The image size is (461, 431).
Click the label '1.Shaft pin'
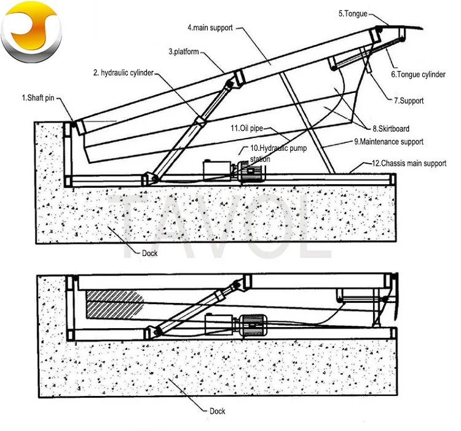tap(38, 97)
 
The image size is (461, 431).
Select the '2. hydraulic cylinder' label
tap(123, 73)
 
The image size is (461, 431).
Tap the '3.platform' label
tap(184, 52)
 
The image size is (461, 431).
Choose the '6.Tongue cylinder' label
tap(418, 75)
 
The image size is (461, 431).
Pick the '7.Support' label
tap(409, 100)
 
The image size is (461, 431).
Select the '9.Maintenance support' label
tap(388, 142)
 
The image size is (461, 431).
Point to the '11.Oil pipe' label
tap(245, 129)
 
